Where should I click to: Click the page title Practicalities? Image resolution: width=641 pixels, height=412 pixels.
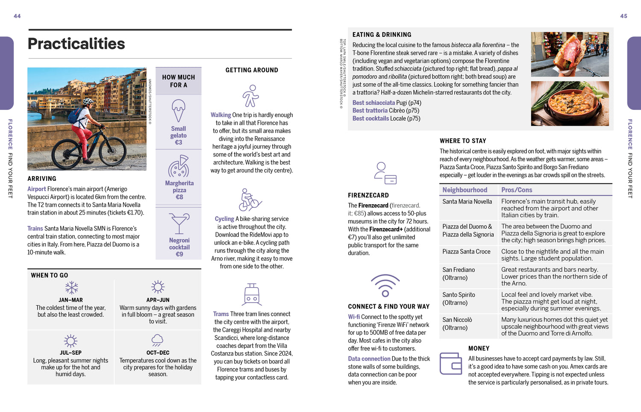pyautogui.click(x=76, y=44)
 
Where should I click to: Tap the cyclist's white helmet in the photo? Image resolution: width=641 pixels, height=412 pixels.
pyautogui.click(x=88, y=102)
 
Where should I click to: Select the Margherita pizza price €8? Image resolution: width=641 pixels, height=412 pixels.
pyautogui.click(x=179, y=197)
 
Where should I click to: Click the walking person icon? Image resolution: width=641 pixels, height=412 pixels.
pyautogui.click(x=251, y=96)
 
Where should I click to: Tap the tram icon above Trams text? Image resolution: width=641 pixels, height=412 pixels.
pyautogui.click(x=252, y=294)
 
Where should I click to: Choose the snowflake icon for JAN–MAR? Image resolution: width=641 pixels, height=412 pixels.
pyautogui.click(x=71, y=287)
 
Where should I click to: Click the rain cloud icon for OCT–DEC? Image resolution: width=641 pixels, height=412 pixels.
pyautogui.click(x=158, y=340)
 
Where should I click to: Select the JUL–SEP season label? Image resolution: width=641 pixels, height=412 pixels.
pyautogui.click(x=71, y=353)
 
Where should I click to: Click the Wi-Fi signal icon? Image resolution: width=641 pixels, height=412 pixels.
pyautogui.click(x=385, y=285)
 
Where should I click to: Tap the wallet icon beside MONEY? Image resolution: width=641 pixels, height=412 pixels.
pyautogui.click(x=451, y=363)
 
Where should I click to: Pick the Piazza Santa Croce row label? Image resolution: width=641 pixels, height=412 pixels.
pyautogui.click(x=466, y=252)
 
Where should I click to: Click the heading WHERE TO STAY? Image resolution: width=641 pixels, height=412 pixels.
pyautogui.click(x=463, y=141)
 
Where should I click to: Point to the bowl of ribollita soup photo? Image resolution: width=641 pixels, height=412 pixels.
pyautogui.click(x=570, y=103)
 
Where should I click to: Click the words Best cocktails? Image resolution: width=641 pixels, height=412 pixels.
pyautogui.click(x=370, y=118)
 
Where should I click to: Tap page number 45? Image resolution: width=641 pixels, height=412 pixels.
pyautogui.click(x=623, y=16)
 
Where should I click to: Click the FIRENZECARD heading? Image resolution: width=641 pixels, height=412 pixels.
pyautogui.click(x=368, y=195)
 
